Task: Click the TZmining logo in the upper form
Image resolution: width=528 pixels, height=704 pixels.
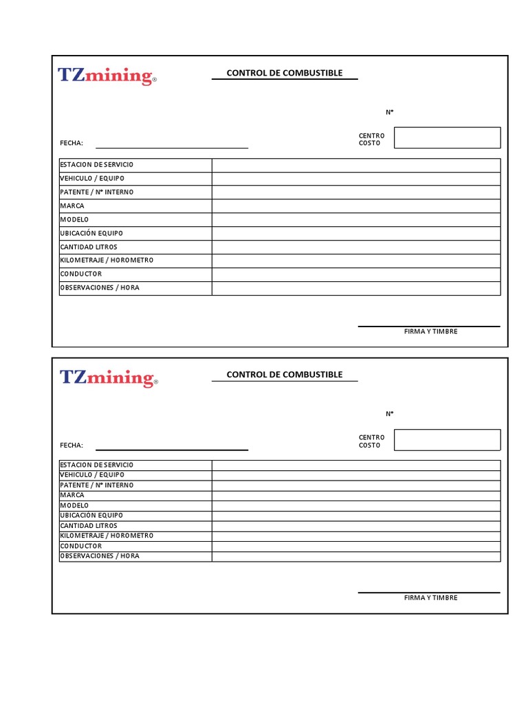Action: (x=107, y=76)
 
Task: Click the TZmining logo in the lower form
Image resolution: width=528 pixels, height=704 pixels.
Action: (x=109, y=377)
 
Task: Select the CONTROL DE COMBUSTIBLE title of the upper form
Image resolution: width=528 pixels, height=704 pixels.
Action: (x=284, y=73)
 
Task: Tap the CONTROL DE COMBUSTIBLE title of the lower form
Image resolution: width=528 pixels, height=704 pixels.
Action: (x=284, y=375)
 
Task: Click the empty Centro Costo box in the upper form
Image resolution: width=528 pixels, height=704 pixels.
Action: (x=447, y=137)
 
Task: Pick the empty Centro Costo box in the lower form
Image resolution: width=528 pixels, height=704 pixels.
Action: (x=447, y=440)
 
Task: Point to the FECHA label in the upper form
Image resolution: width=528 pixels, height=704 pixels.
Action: (x=71, y=143)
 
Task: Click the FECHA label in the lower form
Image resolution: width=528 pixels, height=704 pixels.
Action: (x=71, y=445)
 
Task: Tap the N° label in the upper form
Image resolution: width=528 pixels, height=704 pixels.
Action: (x=389, y=112)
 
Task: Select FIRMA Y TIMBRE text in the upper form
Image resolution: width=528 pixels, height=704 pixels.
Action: (x=430, y=331)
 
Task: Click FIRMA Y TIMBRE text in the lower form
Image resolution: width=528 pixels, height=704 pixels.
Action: (x=430, y=597)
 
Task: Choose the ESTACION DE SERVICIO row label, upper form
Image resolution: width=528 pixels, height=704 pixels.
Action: (x=97, y=165)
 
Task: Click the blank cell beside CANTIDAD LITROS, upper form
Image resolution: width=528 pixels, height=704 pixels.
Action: (x=356, y=247)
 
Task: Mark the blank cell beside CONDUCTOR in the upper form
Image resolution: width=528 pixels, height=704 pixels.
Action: (x=356, y=274)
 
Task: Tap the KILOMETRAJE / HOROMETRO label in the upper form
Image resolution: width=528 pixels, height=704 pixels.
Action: (x=107, y=261)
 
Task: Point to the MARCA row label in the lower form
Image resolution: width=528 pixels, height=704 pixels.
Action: (x=72, y=495)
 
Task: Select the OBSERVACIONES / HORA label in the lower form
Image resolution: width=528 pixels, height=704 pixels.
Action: (x=100, y=556)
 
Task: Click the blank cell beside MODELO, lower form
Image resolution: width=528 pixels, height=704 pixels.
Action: (x=356, y=505)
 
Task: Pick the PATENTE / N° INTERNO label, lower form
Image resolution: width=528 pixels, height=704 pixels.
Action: (x=97, y=485)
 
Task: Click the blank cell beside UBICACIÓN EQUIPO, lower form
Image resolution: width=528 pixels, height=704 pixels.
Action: (x=356, y=516)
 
